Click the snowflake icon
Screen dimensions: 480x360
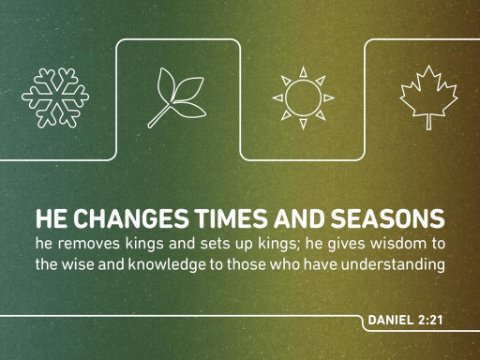click(55, 98)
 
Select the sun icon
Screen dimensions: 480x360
click(303, 98)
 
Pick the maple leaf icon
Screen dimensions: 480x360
click(429, 97)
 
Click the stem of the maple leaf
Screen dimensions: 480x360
click(429, 122)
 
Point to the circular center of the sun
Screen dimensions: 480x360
click(303, 98)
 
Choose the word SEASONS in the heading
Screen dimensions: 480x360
click(388, 219)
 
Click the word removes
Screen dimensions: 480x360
click(89, 244)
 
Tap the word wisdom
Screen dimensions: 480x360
click(399, 243)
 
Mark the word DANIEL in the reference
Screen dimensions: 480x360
click(390, 320)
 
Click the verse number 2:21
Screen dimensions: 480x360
click(430, 320)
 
